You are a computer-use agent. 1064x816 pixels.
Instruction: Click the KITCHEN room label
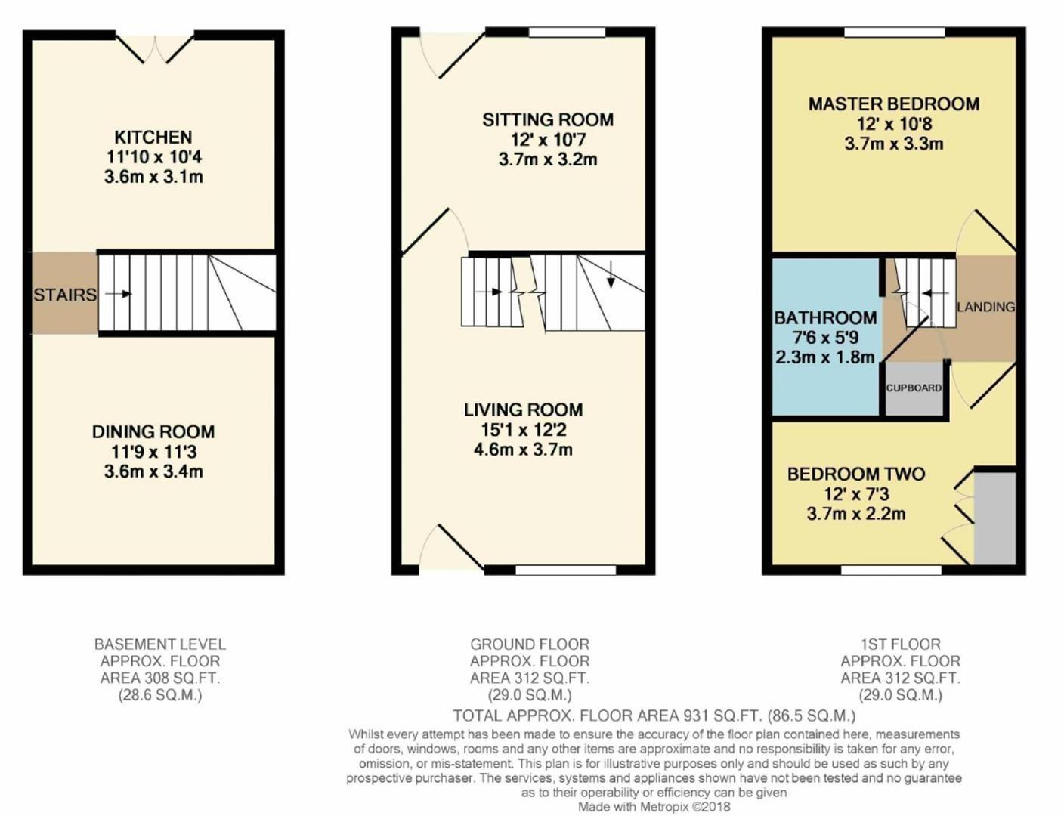[x=153, y=138]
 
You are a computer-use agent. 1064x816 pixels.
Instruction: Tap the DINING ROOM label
[x=153, y=432]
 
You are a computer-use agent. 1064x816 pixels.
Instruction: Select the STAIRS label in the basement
[x=64, y=295]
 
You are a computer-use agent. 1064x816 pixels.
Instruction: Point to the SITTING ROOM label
[x=548, y=119]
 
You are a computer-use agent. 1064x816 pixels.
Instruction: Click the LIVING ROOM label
[x=523, y=410]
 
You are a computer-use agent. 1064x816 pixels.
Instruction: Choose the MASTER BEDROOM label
[x=894, y=104]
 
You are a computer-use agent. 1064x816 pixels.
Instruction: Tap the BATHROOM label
[x=825, y=318]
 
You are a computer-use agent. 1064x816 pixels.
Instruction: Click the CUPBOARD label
[x=914, y=388]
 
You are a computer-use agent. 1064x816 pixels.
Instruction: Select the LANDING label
[x=985, y=307]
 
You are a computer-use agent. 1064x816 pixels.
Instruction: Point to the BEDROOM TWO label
[x=856, y=474]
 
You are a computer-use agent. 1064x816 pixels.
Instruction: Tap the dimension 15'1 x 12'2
[x=523, y=430]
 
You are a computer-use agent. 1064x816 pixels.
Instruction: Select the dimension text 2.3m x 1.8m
[x=825, y=357]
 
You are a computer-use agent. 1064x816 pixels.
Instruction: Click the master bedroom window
[x=895, y=32]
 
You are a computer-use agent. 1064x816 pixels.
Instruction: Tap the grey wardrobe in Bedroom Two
[x=994, y=518]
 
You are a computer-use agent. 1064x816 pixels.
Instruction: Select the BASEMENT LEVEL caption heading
[x=159, y=644]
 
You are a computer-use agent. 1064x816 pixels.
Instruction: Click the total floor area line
[x=654, y=716]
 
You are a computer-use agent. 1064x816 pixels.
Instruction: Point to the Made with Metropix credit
[x=654, y=807]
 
